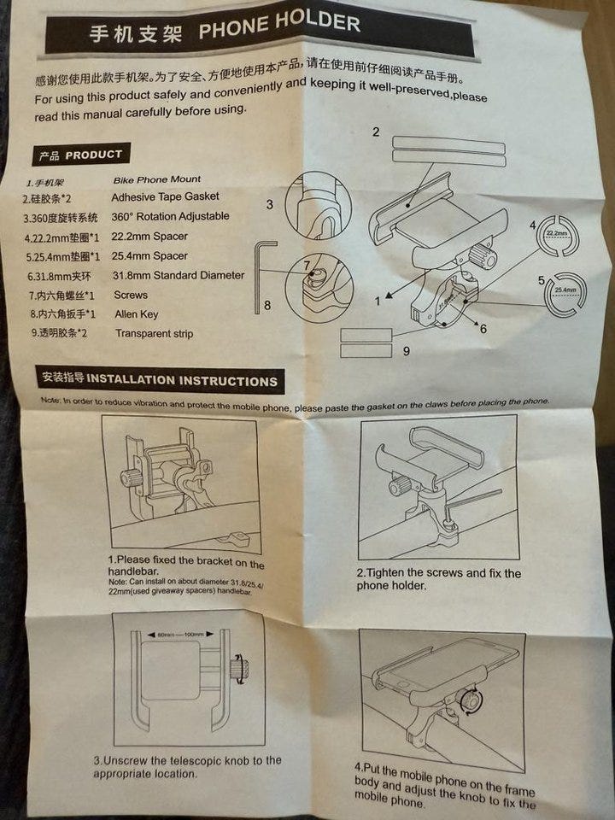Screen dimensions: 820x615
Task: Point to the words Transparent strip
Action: tap(154, 334)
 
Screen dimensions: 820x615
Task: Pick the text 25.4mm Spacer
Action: tap(149, 255)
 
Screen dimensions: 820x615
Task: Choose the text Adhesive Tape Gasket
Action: tap(165, 197)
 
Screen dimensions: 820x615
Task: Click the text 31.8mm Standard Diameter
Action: tap(178, 275)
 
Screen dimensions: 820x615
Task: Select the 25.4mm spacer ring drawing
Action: tap(566, 291)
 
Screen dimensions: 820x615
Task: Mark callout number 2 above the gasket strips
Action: tap(376, 132)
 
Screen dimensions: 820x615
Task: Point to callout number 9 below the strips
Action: tap(406, 350)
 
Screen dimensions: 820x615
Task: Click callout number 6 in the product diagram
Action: tap(483, 328)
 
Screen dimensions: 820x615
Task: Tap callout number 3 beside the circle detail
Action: tap(269, 204)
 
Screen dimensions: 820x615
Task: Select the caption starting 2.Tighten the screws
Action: tap(438, 579)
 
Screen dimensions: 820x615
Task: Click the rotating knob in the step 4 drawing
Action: tap(470, 700)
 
